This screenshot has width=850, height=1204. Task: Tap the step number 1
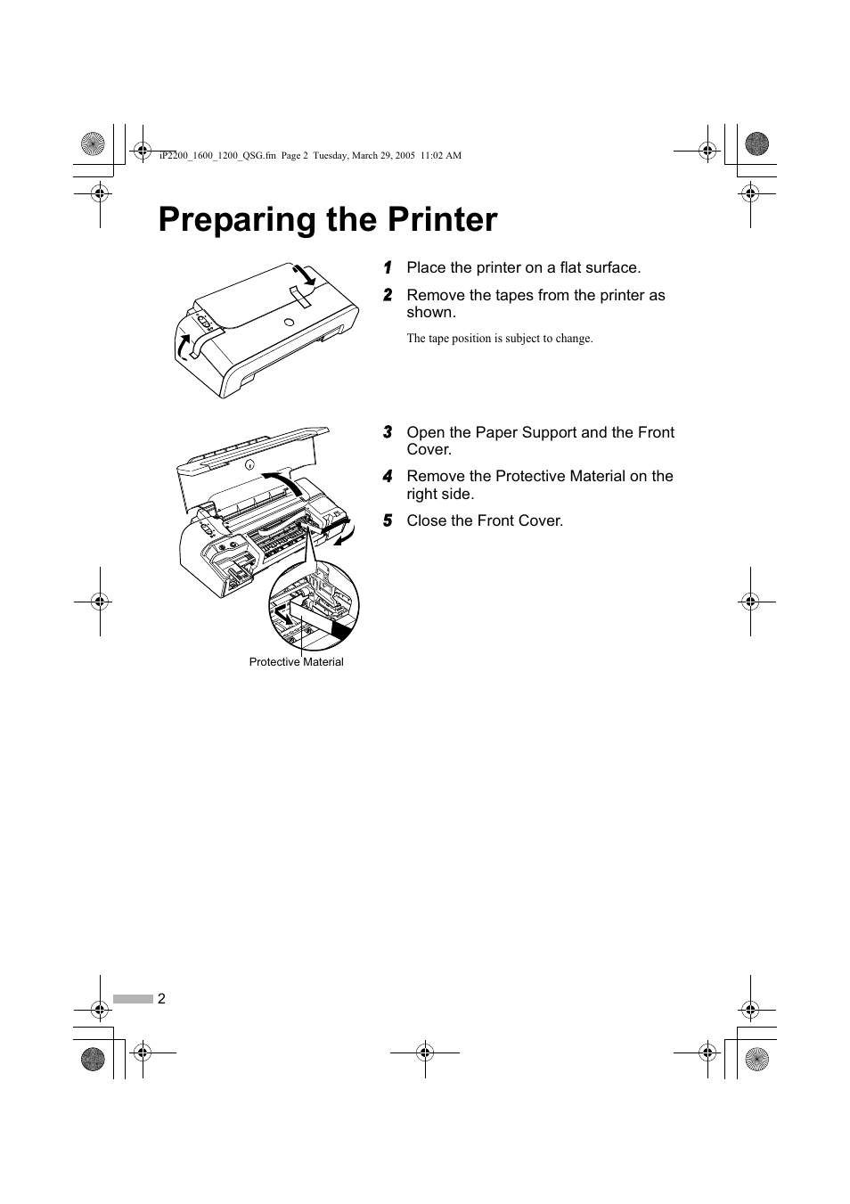point(388,268)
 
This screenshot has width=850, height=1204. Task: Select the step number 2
point(388,296)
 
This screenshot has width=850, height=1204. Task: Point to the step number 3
point(388,433)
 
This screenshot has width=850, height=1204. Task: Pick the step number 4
point(388,477)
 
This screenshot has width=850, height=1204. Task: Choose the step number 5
point(388,521)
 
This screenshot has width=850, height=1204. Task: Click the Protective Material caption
point(296,662)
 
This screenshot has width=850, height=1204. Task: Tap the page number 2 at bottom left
point(161,999)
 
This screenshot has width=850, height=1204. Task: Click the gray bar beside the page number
point(133,999)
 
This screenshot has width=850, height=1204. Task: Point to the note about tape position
point(499,339)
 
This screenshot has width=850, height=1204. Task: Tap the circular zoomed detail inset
point(314,605)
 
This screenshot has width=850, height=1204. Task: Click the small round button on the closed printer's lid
point(289,323)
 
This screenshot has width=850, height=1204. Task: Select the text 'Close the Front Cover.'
point(485,521)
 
